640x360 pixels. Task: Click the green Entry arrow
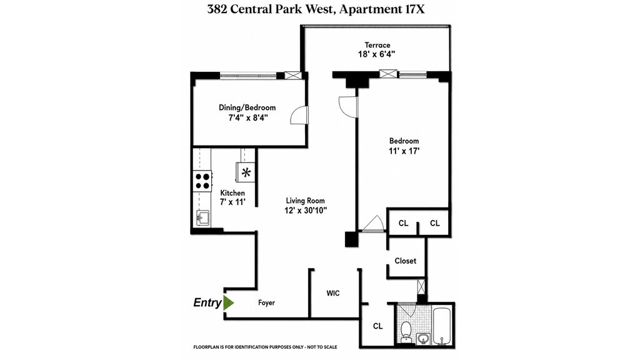pos(228,303)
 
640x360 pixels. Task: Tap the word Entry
pos(207,303)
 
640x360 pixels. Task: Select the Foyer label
pos(266,303)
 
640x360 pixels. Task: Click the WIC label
pos(333,293)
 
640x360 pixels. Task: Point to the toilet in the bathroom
pos(406,331)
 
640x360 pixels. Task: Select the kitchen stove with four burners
pos(202,181)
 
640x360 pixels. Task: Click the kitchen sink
pos(202,217)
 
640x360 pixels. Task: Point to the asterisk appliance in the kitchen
pos(246,172)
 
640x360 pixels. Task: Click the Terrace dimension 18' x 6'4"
pos(377,54)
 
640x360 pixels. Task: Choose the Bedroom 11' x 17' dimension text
pos(404,151)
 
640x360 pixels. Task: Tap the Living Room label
pos(305,201)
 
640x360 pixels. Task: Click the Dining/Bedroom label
pos(247,107)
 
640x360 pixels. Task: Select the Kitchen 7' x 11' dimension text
pos(232,202)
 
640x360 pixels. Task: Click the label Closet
pos(405,261)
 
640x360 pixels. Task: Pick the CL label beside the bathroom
pos(378,326)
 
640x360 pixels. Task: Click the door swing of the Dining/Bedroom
pos(299,115)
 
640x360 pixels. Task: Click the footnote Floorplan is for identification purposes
pos(265,347)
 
